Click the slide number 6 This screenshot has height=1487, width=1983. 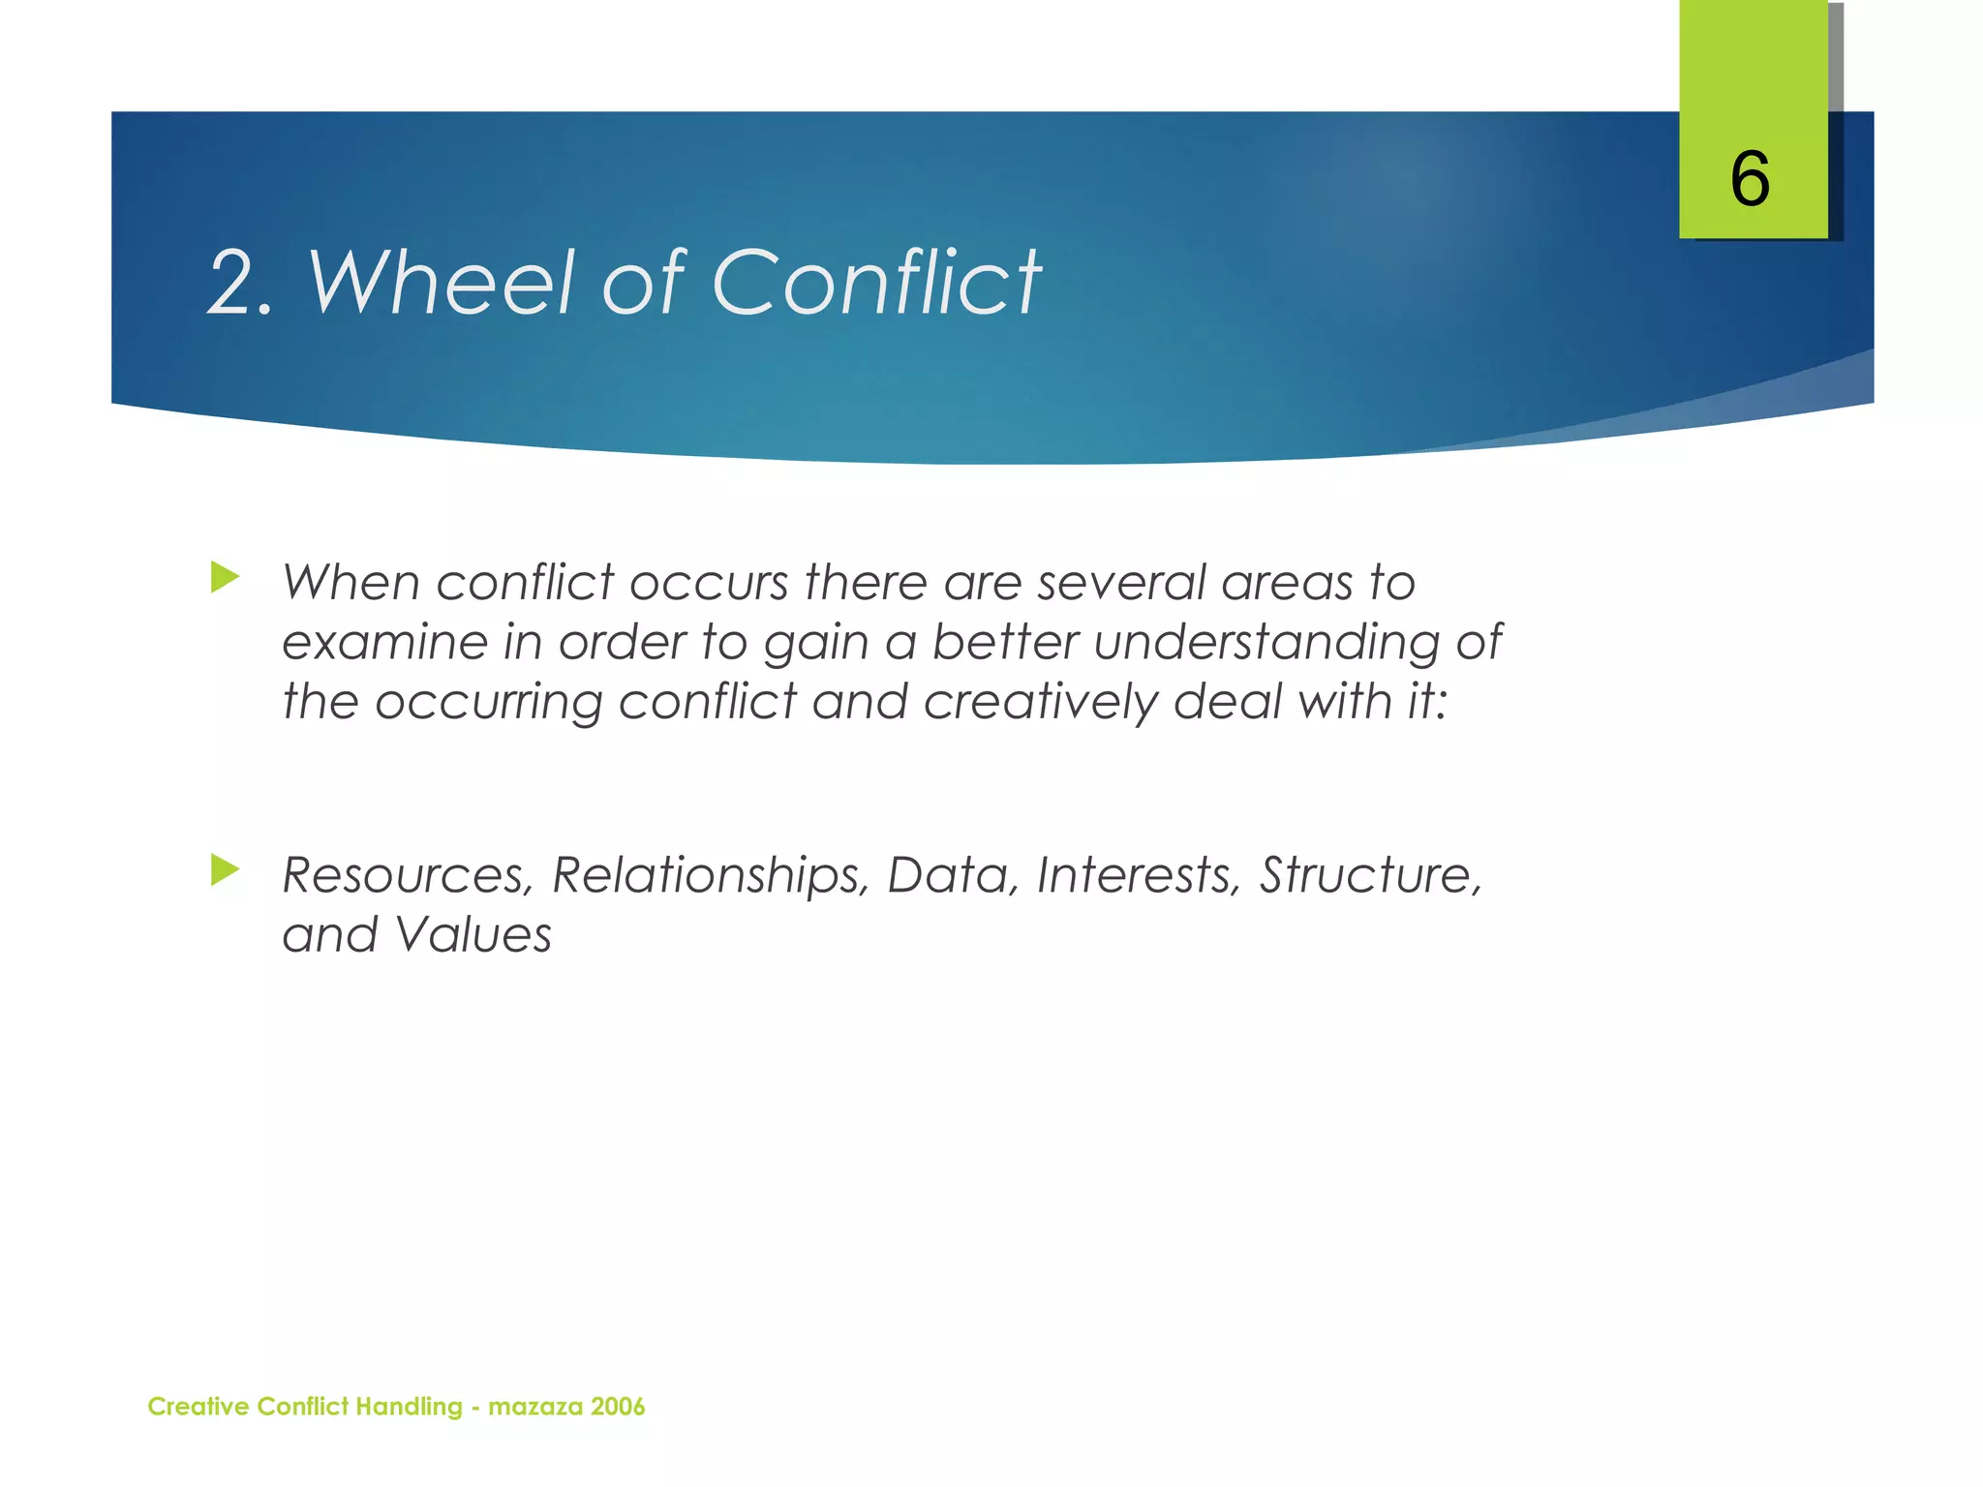coord(1750,179)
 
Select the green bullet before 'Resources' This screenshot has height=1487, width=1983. coord(225,869)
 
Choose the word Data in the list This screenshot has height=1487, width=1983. coord(953,875)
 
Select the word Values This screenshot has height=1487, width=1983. coord(473,935)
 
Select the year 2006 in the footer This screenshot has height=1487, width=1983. coord(617,1407)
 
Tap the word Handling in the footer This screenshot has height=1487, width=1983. coord(409,1408)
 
